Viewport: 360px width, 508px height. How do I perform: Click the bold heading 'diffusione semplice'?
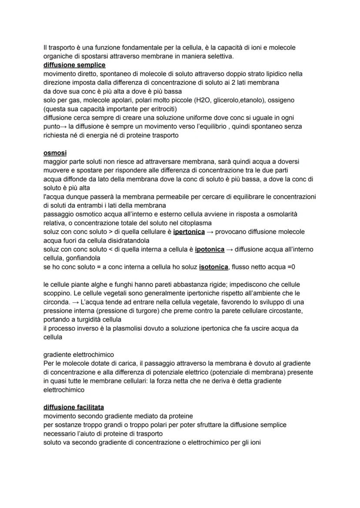(x=74, y=65)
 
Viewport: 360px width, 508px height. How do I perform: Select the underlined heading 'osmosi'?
(x=55, y=153)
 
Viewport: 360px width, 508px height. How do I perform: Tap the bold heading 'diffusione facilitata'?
(x=73, y=407)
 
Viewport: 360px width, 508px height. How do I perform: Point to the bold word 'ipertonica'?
(x=189, y=232)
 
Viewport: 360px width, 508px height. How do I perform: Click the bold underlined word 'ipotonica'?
(x=210, y=249)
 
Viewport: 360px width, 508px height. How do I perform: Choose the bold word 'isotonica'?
(x=213, y=267)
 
